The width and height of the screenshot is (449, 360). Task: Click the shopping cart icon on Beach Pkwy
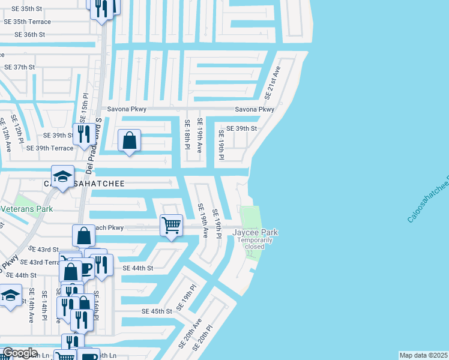point(172,226)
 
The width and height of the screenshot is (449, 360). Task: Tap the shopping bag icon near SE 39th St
point(129,142)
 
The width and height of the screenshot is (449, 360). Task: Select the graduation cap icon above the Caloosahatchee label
point(62,177)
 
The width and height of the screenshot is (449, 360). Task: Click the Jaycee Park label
point(255,232)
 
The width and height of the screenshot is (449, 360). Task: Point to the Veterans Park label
point(26,209)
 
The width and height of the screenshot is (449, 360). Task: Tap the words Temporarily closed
point(255,243)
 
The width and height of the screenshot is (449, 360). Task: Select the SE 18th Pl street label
point(187,134)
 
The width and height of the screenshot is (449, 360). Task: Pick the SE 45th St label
point(157,311)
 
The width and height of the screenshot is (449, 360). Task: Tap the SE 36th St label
point(25,35)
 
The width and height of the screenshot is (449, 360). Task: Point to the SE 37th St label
point(20,67)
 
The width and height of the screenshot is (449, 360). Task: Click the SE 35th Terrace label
point(28,22)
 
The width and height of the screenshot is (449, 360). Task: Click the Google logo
point(20,353)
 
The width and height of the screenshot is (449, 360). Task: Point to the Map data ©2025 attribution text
point(423,355)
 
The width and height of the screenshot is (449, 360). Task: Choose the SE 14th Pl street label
point(45,305)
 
